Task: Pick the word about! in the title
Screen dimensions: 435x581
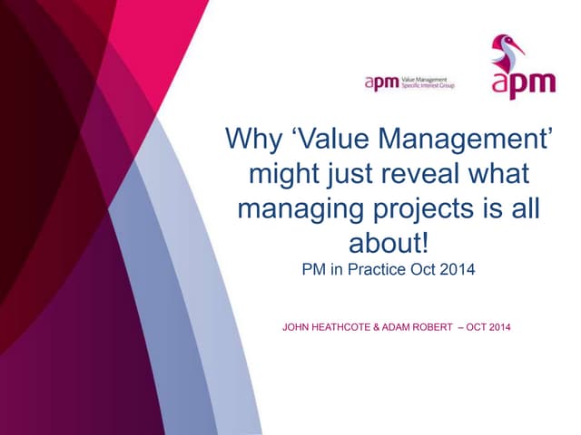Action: coord(389,242)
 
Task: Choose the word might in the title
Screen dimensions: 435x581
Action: coord(285,174)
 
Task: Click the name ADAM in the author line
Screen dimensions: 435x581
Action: coord(411,326)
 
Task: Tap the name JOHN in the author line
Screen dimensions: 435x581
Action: coord(299,326)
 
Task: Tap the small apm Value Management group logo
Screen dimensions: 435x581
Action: coord(409,83)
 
